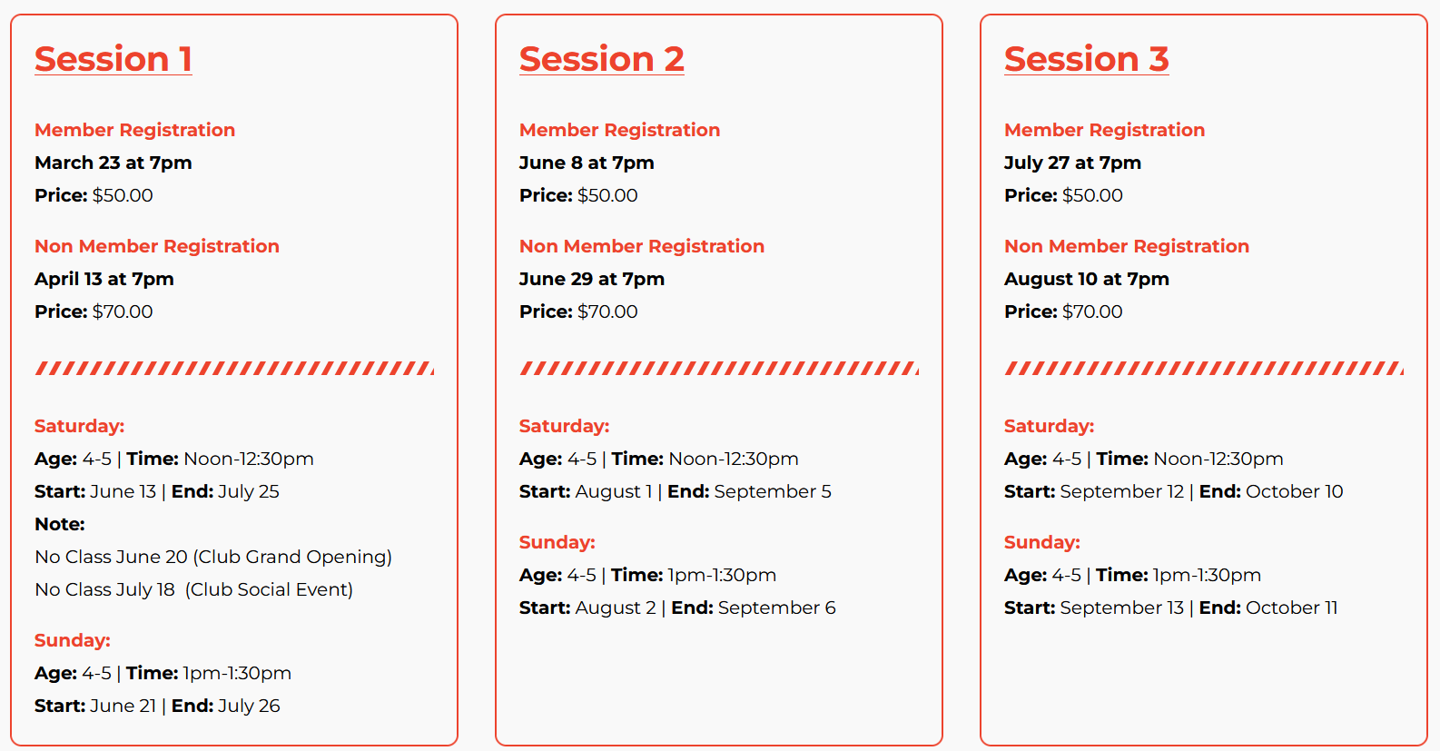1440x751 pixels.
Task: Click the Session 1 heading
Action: tap(113, 59)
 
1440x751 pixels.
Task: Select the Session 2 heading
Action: tap(602, 59)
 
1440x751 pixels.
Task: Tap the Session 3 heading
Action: tap(1087, 59)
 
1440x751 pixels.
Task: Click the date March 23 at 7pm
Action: tap(113, 163)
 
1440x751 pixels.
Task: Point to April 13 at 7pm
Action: tap(104, 280)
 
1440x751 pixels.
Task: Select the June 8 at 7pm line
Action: tap(587, 163)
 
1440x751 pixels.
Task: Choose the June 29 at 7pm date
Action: tap(592, 280)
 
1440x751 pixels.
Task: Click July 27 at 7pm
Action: tap(1073, 163)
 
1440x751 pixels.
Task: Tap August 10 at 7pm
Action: tap(1087, 280)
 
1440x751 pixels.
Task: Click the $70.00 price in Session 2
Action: tap(607, 311)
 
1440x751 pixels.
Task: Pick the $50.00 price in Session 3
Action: tap(1092, 195)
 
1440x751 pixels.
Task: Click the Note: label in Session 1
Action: tap(60, 524)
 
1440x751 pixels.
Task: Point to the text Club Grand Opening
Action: tap(292, 557)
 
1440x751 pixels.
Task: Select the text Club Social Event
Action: tap(269, 589)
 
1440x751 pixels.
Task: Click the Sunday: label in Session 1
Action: tap(73, 640)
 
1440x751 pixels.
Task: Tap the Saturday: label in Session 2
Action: tap(565, 426)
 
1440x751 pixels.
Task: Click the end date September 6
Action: tap(776, 608)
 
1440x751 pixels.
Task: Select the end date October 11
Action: tap(1291, 608)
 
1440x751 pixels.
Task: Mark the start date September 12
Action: tap(1122, 492)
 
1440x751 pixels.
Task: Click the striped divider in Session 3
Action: tap(1204, 369)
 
